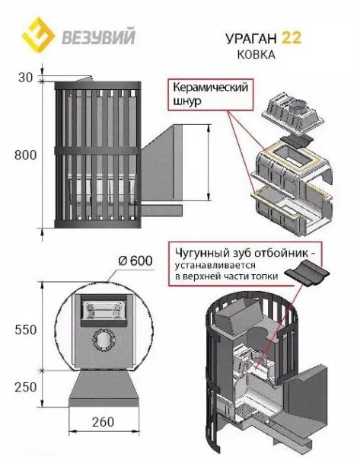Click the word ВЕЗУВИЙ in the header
(x=98, y=36)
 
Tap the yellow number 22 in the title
(x=291, y=37)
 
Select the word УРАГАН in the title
(x=250, y=38)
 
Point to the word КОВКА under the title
(x=256, y=55)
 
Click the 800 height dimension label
(x=26, y=155)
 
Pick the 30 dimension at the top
(x=26, y=78)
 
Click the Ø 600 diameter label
(x=135, y=260)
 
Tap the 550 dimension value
(x=26, y=330)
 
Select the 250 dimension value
(x=26, y=388)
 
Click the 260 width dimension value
(x=103, y=422)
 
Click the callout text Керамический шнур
(x=210, y=94)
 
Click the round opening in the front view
(x=104, y=340)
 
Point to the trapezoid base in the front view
(x=104, y=388)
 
